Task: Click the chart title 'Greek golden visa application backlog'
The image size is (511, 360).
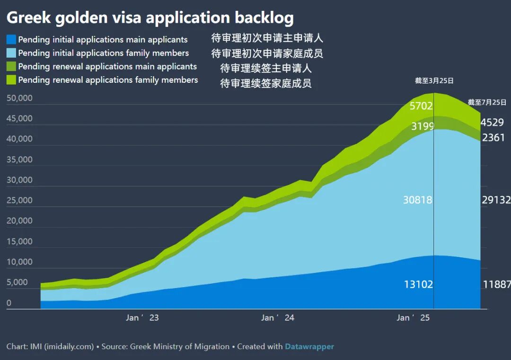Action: [150, 18]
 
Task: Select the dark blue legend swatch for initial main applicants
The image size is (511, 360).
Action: [11, 39]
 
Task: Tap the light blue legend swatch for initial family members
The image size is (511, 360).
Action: [11, 53]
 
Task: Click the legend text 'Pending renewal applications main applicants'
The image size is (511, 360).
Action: [107, 67]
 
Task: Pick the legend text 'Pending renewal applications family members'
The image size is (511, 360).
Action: [108, 80]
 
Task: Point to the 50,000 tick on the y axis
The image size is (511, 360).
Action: [19, 98]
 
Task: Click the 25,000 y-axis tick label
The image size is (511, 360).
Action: [19, 200]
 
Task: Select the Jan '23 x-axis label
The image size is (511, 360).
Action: [142, 318]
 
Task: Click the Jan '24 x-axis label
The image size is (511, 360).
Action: [278, 318]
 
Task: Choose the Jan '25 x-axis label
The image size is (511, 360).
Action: [413, 318]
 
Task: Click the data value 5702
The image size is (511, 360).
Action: [421, 106]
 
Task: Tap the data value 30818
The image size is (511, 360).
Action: [418, 200]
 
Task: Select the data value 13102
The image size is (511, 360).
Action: [418, 284]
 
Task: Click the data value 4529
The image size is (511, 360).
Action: [492, 123]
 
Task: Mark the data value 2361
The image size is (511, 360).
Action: [493, 138]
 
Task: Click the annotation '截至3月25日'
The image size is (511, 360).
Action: [434, 81]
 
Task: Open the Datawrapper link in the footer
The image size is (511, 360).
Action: [309, 347]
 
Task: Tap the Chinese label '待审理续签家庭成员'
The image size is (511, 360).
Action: [265, 84]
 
